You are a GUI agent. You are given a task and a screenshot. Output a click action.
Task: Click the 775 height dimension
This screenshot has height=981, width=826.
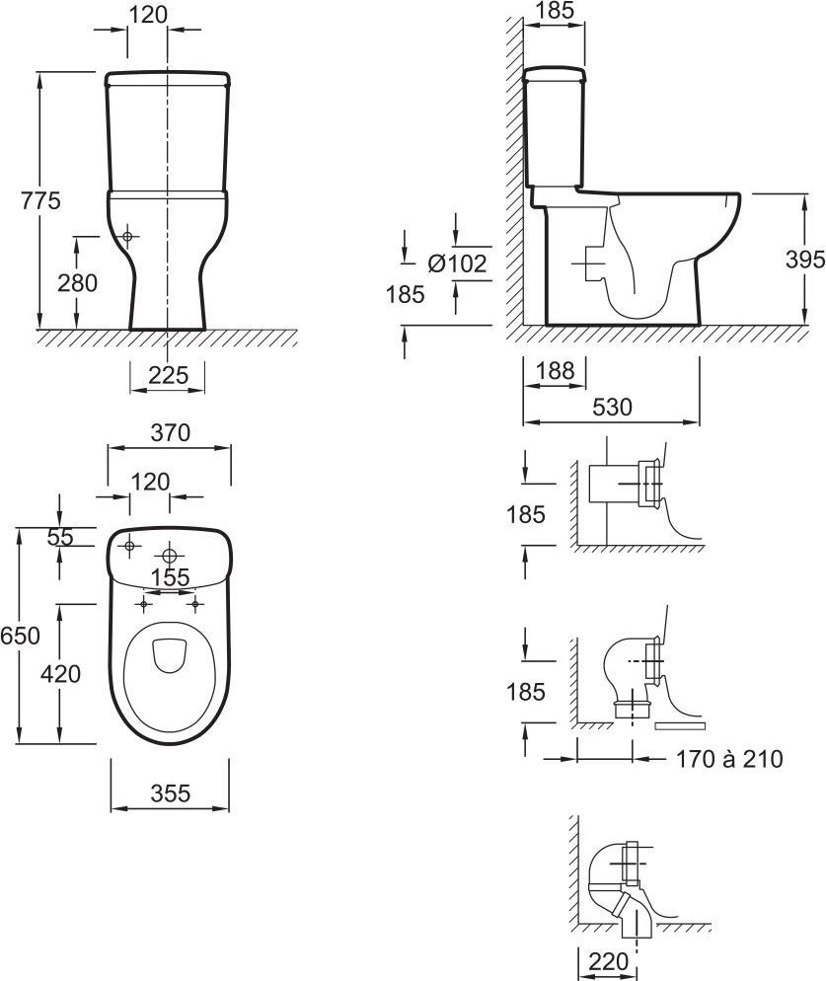40,200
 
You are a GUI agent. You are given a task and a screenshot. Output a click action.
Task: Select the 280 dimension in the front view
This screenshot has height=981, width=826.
78,283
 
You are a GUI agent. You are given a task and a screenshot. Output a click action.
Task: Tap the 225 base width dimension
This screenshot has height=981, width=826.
169,375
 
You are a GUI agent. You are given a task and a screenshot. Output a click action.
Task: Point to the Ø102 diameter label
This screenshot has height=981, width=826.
458,264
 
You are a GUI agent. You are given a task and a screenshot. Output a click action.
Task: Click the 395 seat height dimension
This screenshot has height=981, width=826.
805,260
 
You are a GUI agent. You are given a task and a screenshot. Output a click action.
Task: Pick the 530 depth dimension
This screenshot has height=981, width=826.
612,408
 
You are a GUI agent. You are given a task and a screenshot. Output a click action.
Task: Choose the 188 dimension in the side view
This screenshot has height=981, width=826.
555,371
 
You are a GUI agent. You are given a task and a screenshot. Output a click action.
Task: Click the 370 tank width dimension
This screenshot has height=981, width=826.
170,432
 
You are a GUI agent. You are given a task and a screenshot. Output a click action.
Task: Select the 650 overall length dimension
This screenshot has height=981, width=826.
20,636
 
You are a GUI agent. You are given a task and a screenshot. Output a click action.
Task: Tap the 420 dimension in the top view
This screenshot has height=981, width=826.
61,674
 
